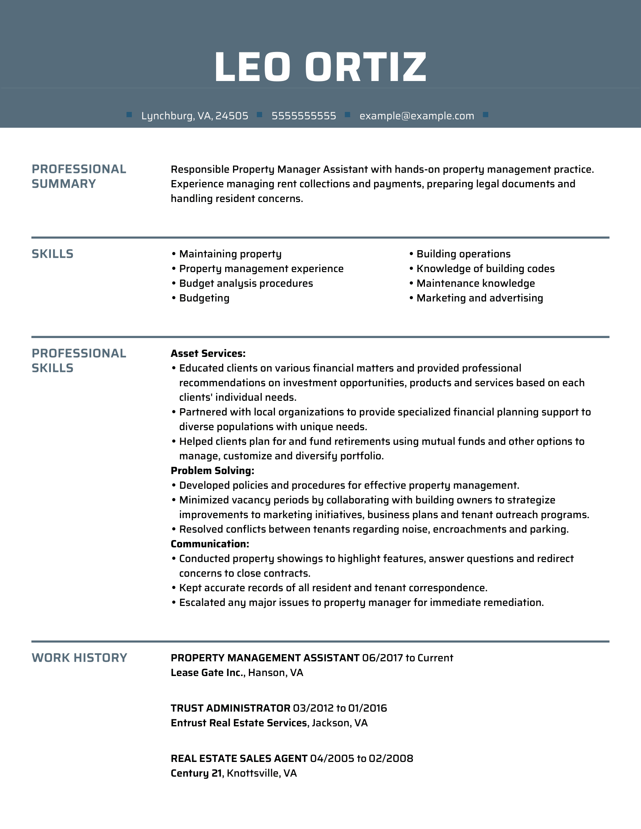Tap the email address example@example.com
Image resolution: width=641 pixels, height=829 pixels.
[x=417, y=116]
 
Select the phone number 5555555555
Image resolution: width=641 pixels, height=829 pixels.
[x=304, y=116]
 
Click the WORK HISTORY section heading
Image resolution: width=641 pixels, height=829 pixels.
[x=79, y=658]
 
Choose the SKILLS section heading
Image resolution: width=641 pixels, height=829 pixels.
[x=52, y=254]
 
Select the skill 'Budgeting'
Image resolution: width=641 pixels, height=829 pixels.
[x=204, y=298]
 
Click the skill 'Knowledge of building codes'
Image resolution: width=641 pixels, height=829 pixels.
[x=485, y=269]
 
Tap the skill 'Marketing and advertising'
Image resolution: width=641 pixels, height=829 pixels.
[x=480, y=298]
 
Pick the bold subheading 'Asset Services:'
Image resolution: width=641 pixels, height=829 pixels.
[x=208, y=353]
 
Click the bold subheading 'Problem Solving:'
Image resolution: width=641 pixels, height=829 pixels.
[x=212, y=471]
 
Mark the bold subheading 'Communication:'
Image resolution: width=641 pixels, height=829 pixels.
[x=210, y=544]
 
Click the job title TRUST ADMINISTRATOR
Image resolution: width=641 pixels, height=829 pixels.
[x=230, y=708]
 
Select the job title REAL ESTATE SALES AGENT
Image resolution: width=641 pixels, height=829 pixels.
[x=239, y=759]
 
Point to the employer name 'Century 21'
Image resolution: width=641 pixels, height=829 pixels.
[x=196, y=773]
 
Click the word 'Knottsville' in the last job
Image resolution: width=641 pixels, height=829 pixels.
[x=251, y=773]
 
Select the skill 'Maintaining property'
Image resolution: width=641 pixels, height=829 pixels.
[x=230, y=254]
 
